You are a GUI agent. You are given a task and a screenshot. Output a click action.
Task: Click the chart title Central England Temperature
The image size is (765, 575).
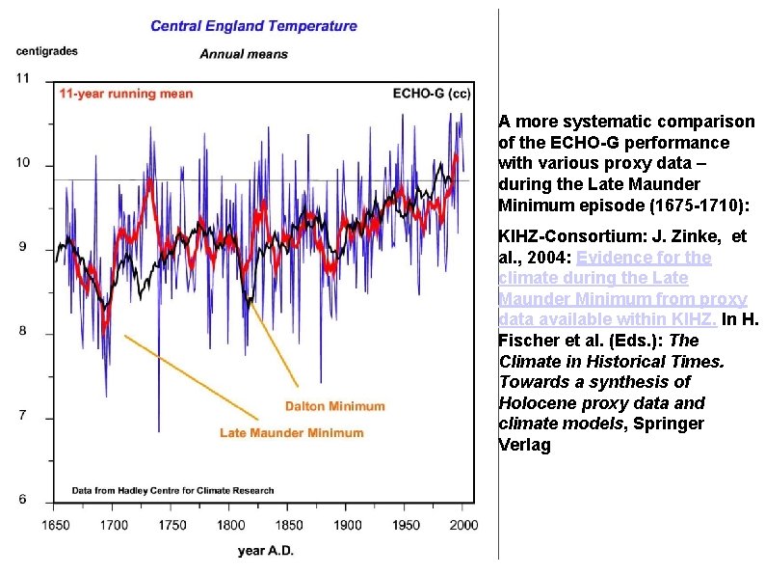pyautogui.click(x=253, y=26)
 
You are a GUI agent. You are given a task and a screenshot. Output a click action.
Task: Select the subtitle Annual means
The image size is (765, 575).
pyautogui.click(x=244, y=54)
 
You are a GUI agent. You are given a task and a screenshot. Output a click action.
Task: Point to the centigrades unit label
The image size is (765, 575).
pyautogui.click(x=47, y=50)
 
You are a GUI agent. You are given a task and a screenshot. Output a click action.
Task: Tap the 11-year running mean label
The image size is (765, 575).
pyautogui.click(x=126, y=94)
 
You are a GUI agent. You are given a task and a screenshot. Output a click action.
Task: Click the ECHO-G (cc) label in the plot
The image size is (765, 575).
pyautogui.click(x=432, y=94)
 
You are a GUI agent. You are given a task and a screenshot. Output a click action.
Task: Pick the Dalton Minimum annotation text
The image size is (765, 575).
pyautogui.click(x=334, y=406)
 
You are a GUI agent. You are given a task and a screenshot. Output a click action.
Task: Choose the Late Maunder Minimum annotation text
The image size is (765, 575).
pyautogui.click(x=292, y=432)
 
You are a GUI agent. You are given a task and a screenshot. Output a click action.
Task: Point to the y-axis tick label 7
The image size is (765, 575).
pyautogui.click(x=23, y=417)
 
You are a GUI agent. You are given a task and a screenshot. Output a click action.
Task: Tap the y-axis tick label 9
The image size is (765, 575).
pyautogui.click(x=23, y=248)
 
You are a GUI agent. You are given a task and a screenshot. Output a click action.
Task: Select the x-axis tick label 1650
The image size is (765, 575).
pyautogui.click(x=55, y=525)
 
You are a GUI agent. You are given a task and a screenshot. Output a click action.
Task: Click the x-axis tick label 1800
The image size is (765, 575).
pyautogui.click(x=231, y=525)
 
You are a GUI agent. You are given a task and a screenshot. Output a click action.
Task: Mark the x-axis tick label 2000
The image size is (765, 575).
pyautogui.click(x=463, y=525)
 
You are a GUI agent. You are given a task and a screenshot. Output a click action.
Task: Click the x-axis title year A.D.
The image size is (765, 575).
pyautogui.click(x=266, y=551)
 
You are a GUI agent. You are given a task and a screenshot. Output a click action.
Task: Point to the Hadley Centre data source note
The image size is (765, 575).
pyautogui.click(x=173, y=490)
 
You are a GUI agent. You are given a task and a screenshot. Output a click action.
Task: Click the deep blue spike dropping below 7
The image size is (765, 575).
pyautogui.click(x=158, y=424)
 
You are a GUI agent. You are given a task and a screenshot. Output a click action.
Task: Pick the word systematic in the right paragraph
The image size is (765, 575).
pyautogui.click(x=603, y=122)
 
